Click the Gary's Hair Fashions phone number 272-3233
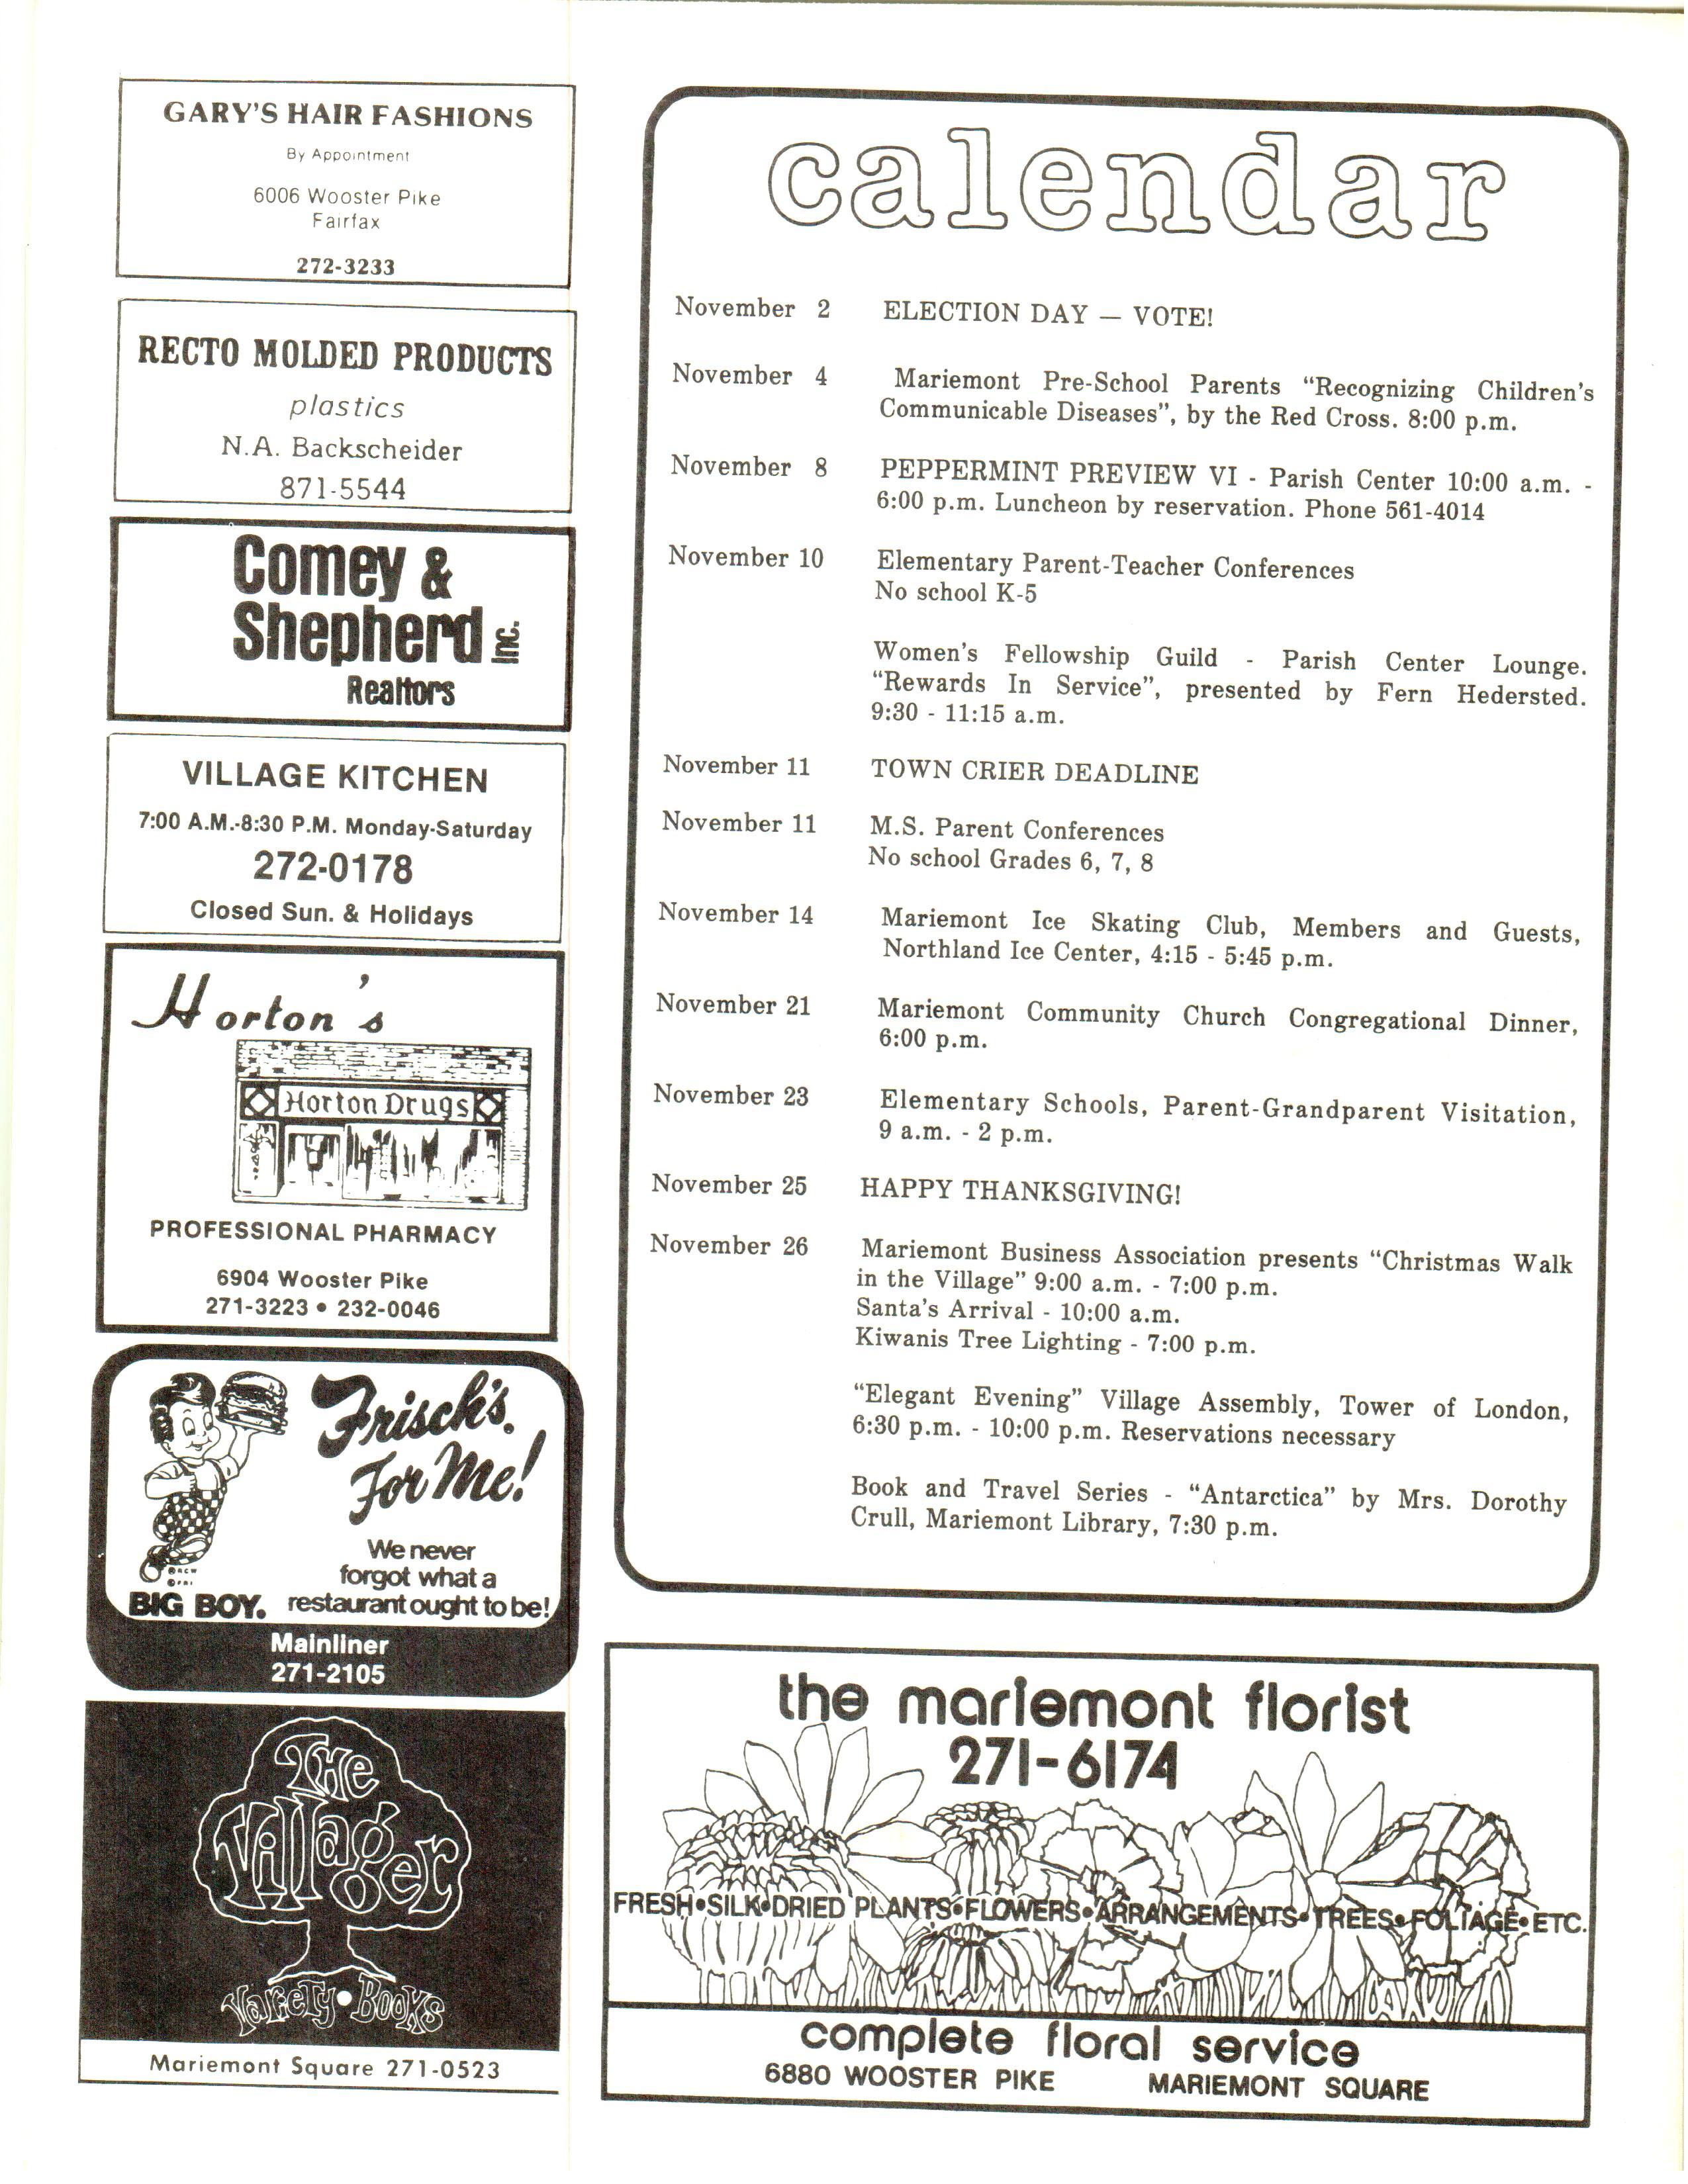345,267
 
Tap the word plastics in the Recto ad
346,407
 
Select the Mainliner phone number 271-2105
328,1673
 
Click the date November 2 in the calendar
752,308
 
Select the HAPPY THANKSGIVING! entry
1020,1192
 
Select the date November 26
728,1246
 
